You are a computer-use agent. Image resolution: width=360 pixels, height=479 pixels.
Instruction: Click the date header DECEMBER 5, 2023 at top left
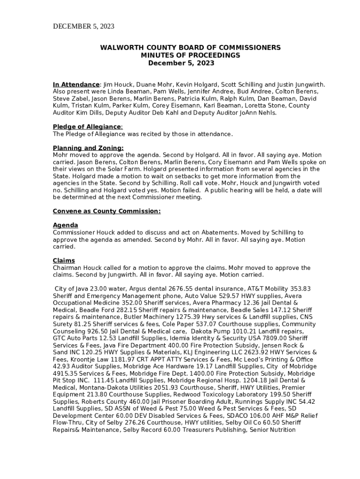coord(83,26)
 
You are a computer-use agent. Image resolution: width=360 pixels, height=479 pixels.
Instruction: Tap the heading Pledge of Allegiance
coord(87,127)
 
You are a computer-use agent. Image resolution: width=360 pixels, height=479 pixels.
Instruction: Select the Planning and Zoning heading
coord(88,148)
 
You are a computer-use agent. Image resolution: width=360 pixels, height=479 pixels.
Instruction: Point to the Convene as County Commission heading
coord(107,211)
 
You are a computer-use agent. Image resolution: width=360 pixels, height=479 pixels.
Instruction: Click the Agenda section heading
coord(65,225)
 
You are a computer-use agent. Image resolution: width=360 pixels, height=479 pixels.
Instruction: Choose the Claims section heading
coord(64,261)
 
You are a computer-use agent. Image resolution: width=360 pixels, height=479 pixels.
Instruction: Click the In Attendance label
coord(76,85)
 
